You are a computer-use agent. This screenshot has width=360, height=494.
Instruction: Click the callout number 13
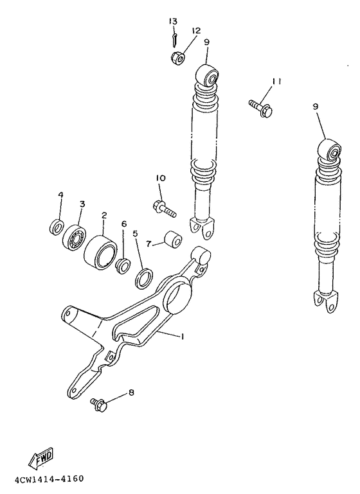(x=172, y=21)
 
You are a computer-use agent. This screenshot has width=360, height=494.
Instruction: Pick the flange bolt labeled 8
(x=100, y=404)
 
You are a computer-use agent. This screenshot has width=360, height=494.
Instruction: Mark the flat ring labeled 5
(x=143, y=279)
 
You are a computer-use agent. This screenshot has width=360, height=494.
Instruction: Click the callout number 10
(x=160, y=177)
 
